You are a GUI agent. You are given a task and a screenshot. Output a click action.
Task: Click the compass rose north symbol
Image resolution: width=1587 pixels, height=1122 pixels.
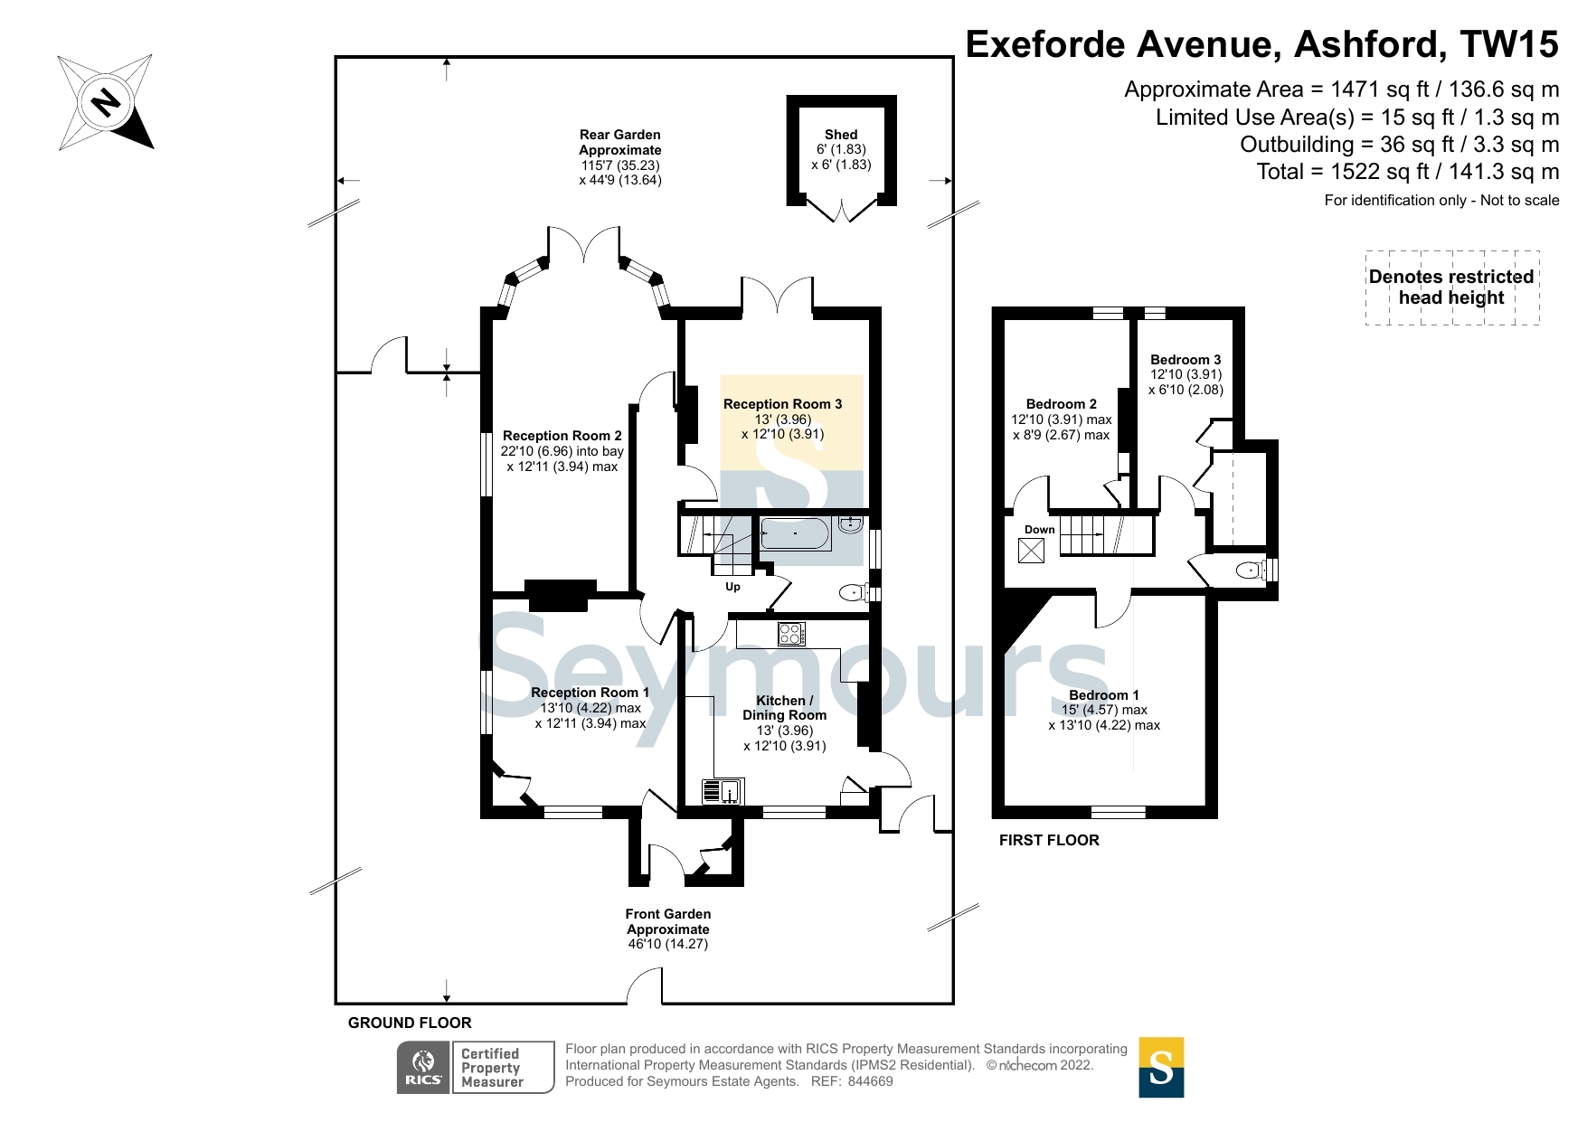[x=106, y=102]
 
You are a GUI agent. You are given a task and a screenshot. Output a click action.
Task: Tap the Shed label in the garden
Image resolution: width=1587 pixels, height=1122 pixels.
[x=841, y=135]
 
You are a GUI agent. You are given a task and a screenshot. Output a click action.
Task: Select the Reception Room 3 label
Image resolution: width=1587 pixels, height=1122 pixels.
[x=782, y=404]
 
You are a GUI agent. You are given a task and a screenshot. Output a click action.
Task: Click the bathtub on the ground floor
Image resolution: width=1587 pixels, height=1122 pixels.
[x=795, y=534]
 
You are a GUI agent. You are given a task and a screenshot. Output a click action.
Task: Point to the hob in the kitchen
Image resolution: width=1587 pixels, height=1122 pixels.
[x=791, y=634]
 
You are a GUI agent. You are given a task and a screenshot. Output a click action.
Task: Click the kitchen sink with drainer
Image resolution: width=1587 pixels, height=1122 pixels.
[x=723, y=791]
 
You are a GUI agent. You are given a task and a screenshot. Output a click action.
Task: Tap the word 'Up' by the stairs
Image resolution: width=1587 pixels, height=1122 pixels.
[x=732, y=587]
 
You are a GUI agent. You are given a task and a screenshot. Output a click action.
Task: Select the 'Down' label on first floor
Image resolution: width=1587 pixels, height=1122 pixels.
[x=1039, y=530]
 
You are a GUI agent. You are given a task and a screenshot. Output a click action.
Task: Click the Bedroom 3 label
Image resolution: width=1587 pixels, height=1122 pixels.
[x=1186, y=360]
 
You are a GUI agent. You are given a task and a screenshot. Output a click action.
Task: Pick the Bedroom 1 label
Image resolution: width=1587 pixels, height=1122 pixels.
[x=1104, y=695]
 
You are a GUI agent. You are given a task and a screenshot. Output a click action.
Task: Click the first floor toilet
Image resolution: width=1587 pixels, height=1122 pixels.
[x=1252, y=570]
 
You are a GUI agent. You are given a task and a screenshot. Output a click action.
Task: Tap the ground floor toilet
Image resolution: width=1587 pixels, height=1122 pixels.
[x=855, y=593]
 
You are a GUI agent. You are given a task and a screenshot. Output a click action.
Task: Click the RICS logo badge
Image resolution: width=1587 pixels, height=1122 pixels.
[x=423, y=1068]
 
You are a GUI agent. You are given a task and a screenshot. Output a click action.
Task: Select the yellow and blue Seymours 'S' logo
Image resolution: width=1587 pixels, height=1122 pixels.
[x=1161, y=1068]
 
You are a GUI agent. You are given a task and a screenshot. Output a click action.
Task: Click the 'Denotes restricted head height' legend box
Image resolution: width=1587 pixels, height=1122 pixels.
[x=1451, y=288]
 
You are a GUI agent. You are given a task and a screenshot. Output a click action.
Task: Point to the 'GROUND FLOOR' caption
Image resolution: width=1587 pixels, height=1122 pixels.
[x=410, y=1023]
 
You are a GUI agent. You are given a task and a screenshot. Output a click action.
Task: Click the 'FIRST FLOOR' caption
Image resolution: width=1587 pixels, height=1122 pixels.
[x=1049, y=840]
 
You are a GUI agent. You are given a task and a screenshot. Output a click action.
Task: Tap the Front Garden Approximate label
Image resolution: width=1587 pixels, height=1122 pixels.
[x=668, y=921]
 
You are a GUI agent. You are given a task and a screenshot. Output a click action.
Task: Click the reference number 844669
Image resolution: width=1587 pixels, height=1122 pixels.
[x=870, y=1081]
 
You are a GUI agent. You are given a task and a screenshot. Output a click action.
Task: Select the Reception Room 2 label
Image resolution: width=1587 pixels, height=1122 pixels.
[x=562, y=436]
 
